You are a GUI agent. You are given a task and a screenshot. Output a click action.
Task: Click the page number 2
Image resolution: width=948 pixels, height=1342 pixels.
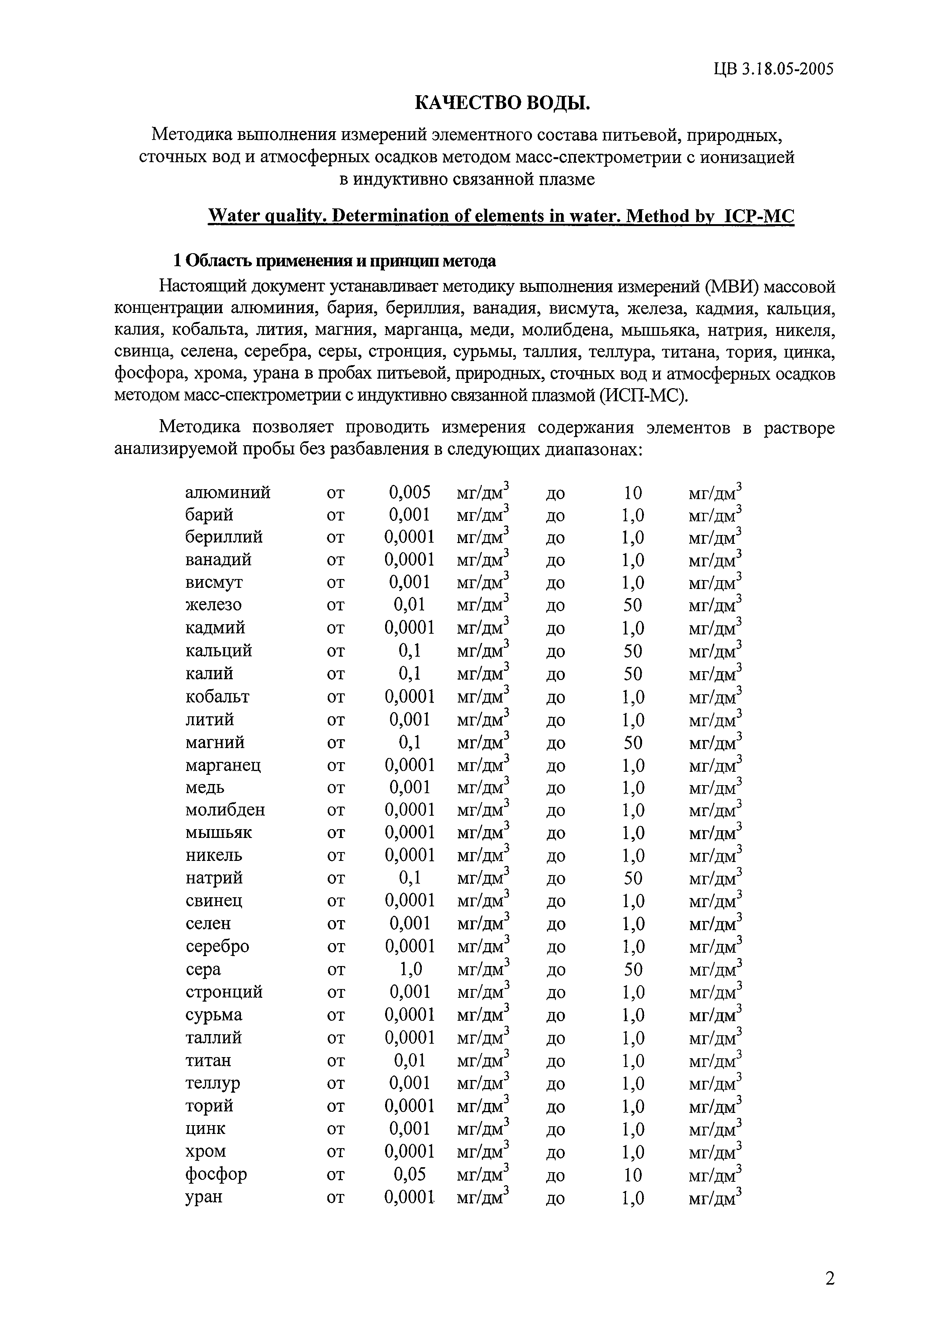[x=830, y=1279]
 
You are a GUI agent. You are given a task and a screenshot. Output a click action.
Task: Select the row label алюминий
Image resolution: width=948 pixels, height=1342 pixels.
[x=228, y=493]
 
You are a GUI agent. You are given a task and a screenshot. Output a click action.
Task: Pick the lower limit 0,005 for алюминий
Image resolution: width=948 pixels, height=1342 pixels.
[x=410, y=493]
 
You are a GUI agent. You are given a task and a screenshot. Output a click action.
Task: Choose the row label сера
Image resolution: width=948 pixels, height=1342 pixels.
[x=203, y=969]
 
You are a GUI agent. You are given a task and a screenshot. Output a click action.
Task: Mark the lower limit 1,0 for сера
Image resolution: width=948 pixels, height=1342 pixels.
[x=410, y=969]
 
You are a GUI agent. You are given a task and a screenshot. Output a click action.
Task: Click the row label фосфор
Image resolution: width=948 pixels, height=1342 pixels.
[x=216, y=1174]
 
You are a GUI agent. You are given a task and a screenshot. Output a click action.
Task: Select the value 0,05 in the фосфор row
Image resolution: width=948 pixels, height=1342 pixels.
[x=410, y=1174]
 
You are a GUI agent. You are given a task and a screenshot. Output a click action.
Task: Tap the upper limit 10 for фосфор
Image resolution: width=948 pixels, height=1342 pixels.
[x=633, y=1174]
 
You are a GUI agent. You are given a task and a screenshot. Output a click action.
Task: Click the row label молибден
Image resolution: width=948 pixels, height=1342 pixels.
[x=225, y=810]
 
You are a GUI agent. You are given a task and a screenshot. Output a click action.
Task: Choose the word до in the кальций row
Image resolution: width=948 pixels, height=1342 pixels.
[x=555, y=651]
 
